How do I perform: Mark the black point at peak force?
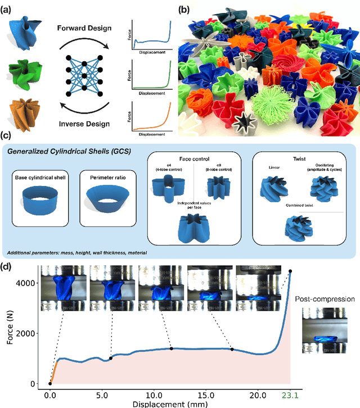(290, 271)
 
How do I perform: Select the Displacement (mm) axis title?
(169, 404)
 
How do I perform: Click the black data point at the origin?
(50, 384)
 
